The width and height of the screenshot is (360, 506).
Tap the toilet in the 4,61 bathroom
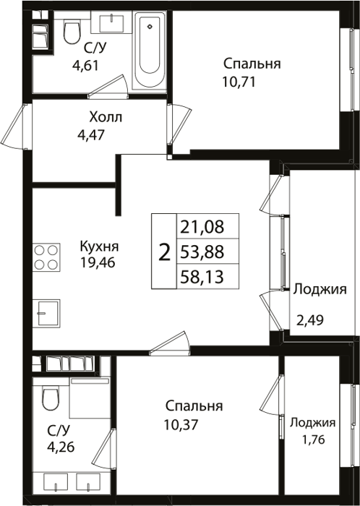[72, 30]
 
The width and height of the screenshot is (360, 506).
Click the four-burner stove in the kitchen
[46, 257]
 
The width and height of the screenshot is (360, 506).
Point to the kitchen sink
[46, 313]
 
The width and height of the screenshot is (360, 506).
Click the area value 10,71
[239, 82]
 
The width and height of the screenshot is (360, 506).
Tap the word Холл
[106, 117]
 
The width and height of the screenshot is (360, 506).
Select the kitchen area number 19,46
[98, 263]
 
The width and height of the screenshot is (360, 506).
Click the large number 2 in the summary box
[165, 252]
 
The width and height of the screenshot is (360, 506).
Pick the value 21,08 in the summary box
[202, 226]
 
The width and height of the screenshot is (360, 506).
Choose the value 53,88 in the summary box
[202, 252]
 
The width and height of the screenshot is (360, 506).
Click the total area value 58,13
[202, 277]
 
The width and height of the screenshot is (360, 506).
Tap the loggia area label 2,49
[310, 320]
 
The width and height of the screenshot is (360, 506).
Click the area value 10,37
[181, 425]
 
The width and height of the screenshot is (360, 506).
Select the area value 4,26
[61, 447]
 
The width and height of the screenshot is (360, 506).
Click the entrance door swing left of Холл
[14, 126]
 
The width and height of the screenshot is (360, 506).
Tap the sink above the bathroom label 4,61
[111, 22]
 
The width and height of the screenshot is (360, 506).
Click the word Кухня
[99, 246]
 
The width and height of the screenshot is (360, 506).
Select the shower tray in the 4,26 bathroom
[90, 398]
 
